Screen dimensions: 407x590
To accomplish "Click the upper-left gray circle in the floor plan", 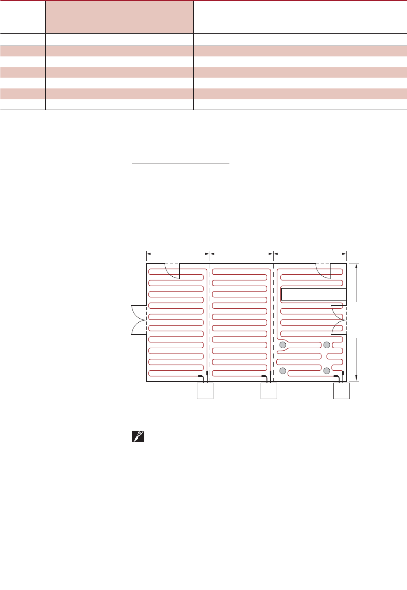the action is click(x=282, y=345).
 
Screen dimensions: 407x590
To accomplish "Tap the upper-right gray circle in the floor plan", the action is click(x=327, y=345).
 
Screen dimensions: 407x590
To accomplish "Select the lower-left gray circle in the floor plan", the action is click(x=282, y=371).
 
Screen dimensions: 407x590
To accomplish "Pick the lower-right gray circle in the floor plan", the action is click(x=327, y=371).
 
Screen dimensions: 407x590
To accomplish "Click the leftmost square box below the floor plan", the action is click(x=205, y=391).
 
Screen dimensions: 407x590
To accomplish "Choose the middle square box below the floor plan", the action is click(x=269, y=391).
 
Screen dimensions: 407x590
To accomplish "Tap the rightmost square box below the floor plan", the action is click(x=341, y=391).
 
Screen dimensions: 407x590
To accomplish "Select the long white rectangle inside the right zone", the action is click(x=314, y=294).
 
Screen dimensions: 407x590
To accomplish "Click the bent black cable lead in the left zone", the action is click(x=201, y=376).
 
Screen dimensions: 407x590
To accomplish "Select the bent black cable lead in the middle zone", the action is click(x=265, y=376).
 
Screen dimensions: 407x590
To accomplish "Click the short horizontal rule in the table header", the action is click(x=286, y=13).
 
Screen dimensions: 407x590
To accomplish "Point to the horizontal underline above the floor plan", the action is click(x=180, y=163).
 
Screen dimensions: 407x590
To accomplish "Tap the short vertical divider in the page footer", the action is click(x=281, y=585).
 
